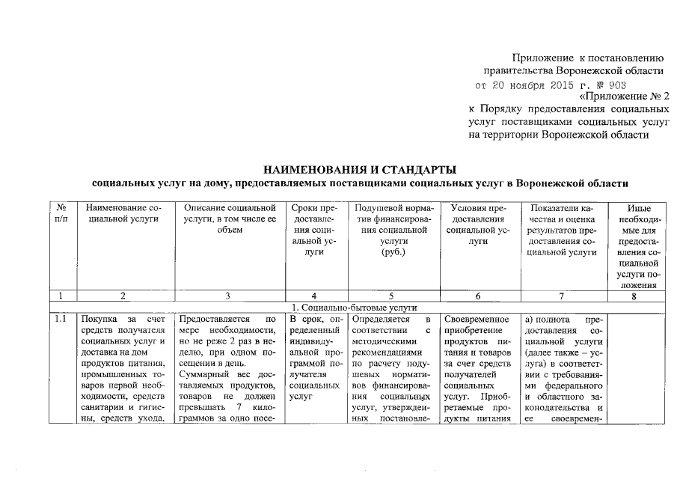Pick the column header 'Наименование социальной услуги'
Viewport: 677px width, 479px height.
click(x=123, y=214)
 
